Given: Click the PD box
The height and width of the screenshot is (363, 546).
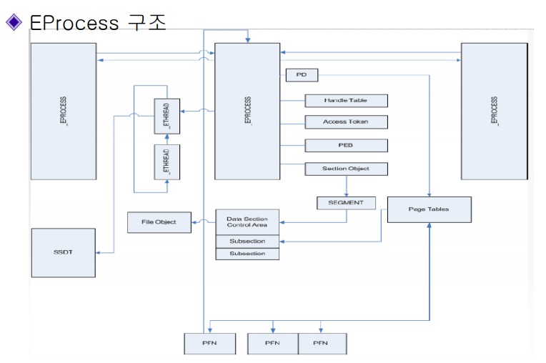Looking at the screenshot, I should (301, 74).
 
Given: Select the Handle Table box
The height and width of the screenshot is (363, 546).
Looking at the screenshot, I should (346, 100).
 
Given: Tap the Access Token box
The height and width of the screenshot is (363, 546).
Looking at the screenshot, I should (346, 121).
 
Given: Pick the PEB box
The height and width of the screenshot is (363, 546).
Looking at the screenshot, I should (346, 145).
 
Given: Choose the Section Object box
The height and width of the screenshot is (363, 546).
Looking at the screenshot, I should (346, 169).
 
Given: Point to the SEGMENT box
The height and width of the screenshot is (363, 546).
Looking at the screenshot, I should (346, 202).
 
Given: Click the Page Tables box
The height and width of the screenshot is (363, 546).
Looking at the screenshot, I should (429, 209).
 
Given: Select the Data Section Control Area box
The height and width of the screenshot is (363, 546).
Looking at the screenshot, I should (247, 222).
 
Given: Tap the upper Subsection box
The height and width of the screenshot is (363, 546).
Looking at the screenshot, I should (247, 242).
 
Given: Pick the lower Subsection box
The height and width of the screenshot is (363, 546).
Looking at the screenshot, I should (247, 254).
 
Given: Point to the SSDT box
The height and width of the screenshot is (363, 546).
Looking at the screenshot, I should (63, 253).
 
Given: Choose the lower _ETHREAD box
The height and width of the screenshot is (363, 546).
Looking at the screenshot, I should (167, 161).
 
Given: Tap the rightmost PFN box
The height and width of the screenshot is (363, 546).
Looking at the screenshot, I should (322, 343).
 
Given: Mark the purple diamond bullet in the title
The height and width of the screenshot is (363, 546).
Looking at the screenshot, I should (14, 22).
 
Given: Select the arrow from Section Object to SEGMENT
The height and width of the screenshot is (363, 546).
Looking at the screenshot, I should (346, 186).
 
